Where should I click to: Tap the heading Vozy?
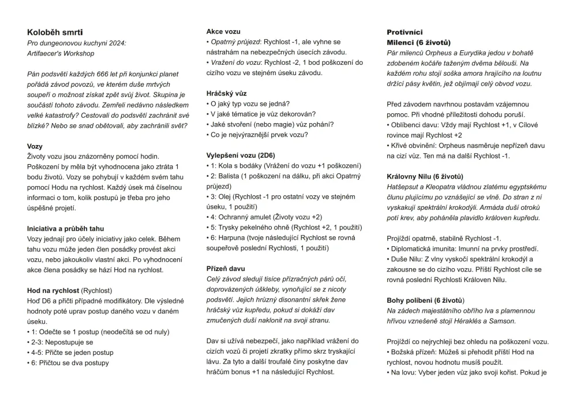pos(35,146)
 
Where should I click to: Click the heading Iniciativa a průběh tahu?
pos(66,228)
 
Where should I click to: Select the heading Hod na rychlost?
pos(53,290)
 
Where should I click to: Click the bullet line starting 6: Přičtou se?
pos(69,363)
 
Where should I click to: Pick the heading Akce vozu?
pos(223,31)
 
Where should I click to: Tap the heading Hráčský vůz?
pos(227,93)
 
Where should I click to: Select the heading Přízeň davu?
pos(226,269)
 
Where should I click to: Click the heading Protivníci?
pos(404,32)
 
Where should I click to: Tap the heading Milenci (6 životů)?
pos(418,43)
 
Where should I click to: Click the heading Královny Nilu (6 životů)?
pos(425,176)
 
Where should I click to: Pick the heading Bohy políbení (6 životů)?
pos(425,300)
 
